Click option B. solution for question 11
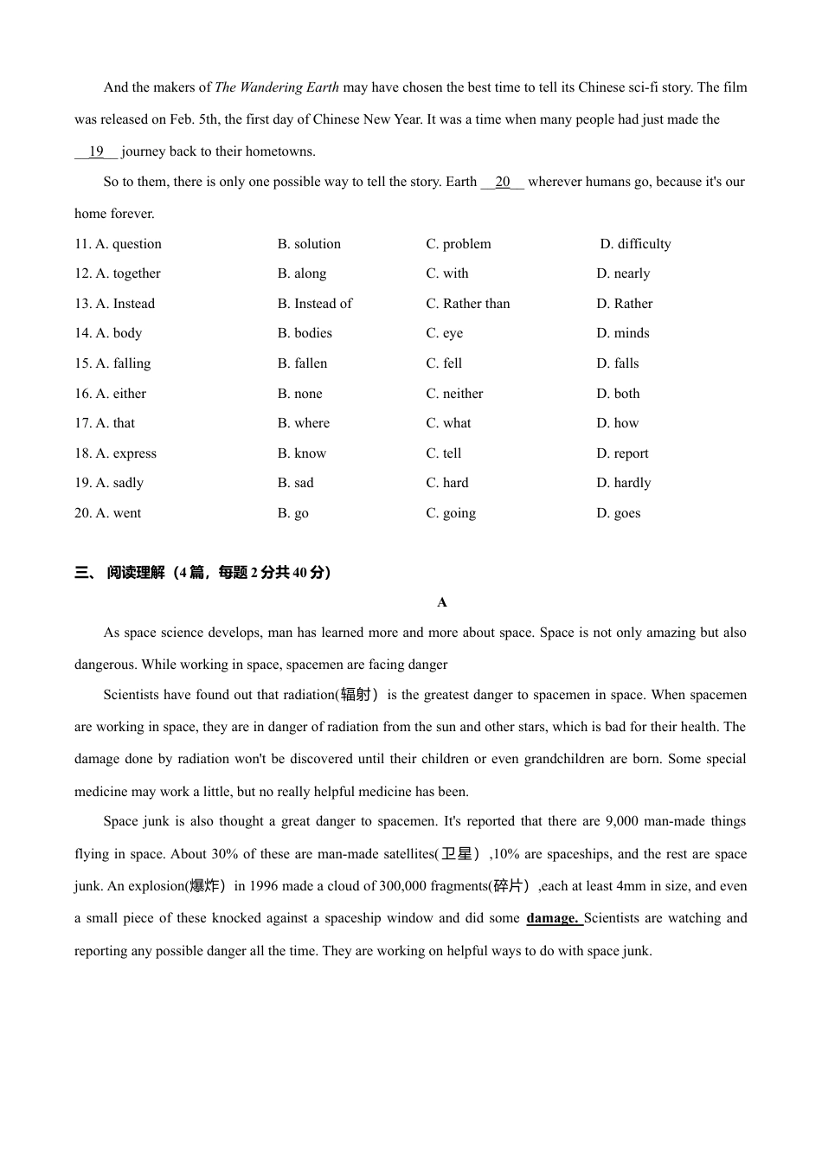[x=309, y=244]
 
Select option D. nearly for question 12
[x=623, y=273]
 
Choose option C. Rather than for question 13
[x=467, y=304]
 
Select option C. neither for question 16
[x=454, y=394]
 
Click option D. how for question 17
[x=617, y=423]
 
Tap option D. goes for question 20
[x=619, y=513]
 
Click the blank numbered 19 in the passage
[x=96, y=151]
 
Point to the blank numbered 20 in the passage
[x=503, y=182]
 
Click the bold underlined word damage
[x=552, y=918]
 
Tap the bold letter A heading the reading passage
[x=442, y=602]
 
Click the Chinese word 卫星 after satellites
[x=457, y=854]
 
